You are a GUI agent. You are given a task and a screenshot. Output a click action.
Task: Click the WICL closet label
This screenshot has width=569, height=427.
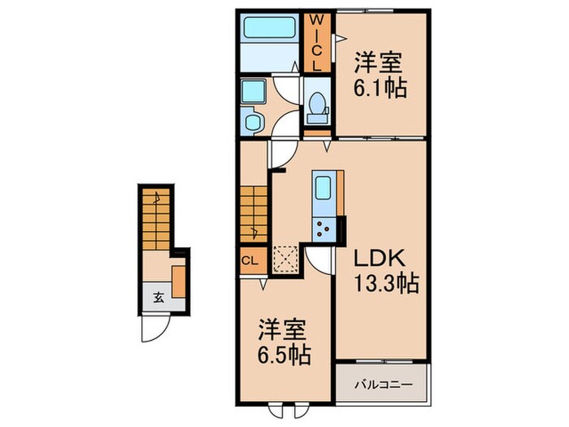[319, 42]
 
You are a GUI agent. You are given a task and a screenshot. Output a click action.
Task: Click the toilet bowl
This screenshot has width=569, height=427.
[318, 104]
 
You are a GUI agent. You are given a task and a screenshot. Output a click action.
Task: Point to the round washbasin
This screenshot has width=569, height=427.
[253, 122]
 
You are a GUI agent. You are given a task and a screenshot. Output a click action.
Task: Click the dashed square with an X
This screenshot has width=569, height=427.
[285, 258]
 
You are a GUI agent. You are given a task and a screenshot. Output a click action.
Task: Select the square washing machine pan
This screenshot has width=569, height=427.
[253, 92]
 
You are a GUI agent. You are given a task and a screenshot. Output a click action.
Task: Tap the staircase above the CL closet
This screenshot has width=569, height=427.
[253, 212]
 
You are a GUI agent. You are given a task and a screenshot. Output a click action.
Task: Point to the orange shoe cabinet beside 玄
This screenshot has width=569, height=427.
[179, 279]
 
